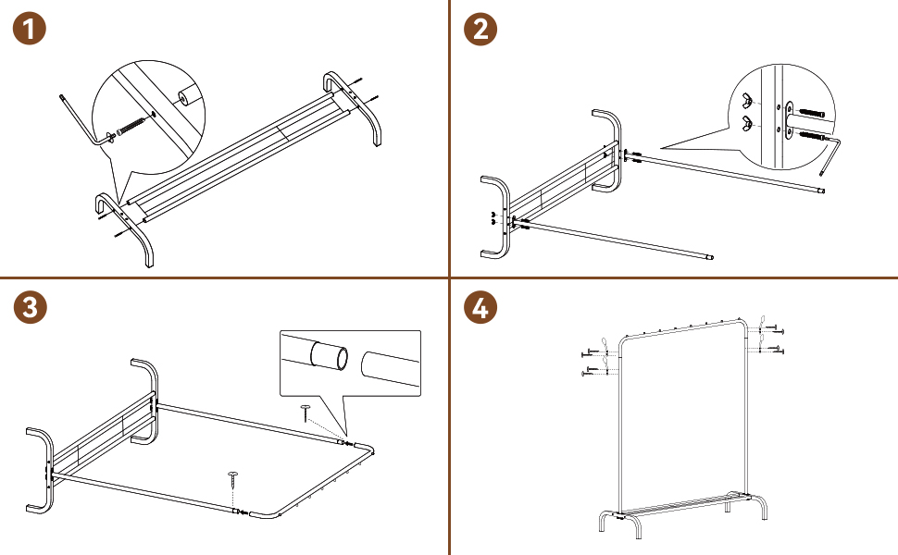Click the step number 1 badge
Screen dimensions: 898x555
point(30,29)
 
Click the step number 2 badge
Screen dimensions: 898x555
point(480,29)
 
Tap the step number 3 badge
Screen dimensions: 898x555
point(30,307)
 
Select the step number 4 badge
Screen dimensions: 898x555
point(480,307)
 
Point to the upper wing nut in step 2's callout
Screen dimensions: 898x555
point(747,101)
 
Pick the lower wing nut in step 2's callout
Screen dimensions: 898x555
point(747,122)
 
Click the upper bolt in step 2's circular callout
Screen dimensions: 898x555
point(811,113)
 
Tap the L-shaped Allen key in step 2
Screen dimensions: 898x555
point(829,153)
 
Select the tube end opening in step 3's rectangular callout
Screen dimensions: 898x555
point(340,358)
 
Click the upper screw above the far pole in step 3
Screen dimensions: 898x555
point(306,413)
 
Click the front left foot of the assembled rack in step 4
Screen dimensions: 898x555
point(603,522)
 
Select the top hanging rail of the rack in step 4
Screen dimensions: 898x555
point(682,331)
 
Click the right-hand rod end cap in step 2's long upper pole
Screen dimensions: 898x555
point(822,191)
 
